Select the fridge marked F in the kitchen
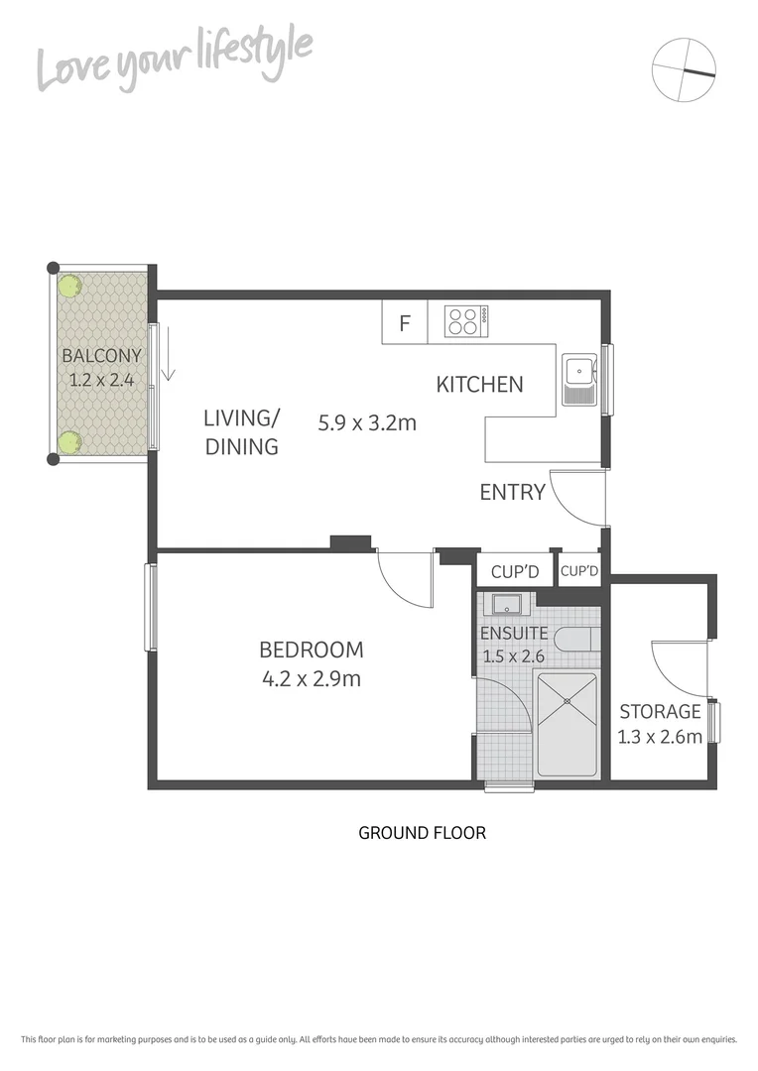pyautogui.click(x=405, y=322)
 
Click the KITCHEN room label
pyautogui.click(x=480, y=385)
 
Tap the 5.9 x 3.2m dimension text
pyautogui.click(x=366, y=423)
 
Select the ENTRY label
pyautogui.click(x=512, y=492)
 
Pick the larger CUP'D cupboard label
pyautogui.click(x=514, y=572)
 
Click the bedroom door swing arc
pyautogui.click(x=405, y=579)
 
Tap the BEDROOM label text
pyautogui.click(x=311, y=651)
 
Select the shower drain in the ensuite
pyautogui.click(x=568, y=701)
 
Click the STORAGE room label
pyautogui.click(x=660, y=711)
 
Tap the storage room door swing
pyautogui.click(x=678, y=669)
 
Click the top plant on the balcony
pyautogui.click(x=68, y=286)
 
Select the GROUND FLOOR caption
pyautogui.click(x=422, y=833)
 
